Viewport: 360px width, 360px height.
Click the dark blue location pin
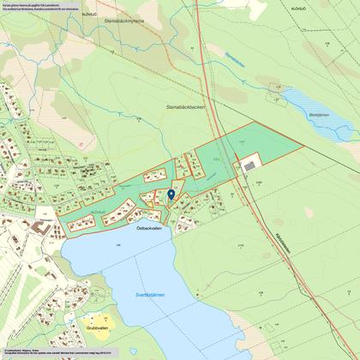[x=171, y=195]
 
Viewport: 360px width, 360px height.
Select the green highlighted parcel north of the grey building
[x=257, y=141]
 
